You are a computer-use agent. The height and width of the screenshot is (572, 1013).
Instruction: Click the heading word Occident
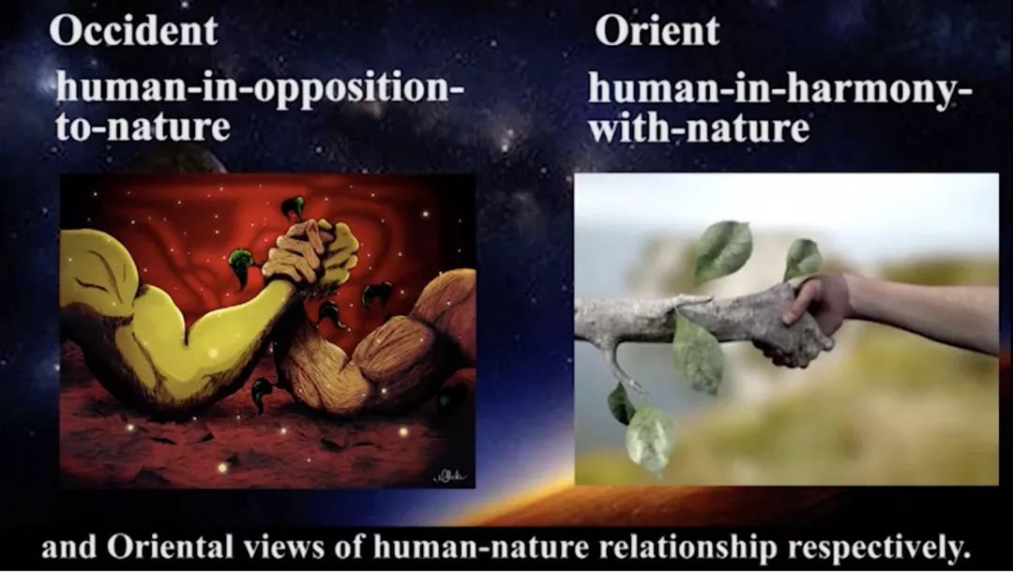[134, 30]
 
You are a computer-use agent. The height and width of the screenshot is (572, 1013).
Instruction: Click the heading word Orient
[657, 30]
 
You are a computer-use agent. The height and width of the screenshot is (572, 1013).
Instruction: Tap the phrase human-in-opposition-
[260, 88]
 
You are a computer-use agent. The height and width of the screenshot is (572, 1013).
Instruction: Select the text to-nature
[143, 127]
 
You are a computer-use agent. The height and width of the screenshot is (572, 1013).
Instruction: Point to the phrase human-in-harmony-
[780, 90]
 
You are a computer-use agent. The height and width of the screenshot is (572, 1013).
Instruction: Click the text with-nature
[699, 127]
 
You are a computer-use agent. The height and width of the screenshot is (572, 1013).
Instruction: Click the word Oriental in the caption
[169, 549]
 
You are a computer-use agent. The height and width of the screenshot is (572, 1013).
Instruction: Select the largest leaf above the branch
[723, 250]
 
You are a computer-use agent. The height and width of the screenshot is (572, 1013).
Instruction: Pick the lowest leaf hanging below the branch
[649, 438]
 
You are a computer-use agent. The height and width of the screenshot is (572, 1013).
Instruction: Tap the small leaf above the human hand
[802, 258]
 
